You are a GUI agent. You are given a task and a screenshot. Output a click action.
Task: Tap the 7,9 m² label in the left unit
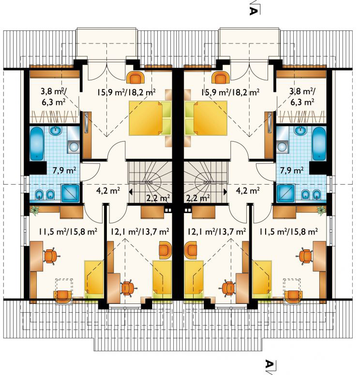tap(64, 170)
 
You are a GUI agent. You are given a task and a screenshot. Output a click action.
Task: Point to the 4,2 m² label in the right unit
tap(248, 191)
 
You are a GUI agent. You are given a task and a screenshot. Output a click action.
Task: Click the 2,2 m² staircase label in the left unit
tap(158, 198)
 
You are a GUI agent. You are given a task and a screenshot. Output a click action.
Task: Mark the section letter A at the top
tap(254, 11)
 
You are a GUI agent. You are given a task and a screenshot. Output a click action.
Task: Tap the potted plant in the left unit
tap(35, 211)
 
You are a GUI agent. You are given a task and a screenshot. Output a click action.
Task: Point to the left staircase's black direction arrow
tap(131, 191)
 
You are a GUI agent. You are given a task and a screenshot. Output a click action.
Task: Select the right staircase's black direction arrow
tap(225, 191)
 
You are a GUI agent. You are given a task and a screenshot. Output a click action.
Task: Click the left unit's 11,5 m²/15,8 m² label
tap(68, 231)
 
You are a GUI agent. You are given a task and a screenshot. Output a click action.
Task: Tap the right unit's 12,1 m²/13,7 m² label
tap(217, 231)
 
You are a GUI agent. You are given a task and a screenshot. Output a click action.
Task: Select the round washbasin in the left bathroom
tap(56, 130)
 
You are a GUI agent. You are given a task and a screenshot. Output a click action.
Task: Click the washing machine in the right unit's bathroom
tap(283, 146)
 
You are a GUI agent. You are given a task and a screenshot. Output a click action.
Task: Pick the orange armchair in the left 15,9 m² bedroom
tap(135, 77)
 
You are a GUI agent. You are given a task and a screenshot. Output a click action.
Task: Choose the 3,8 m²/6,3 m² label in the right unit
tap(302, 97)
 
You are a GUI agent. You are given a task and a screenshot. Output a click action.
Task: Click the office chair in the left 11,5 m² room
tap(51, 256)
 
